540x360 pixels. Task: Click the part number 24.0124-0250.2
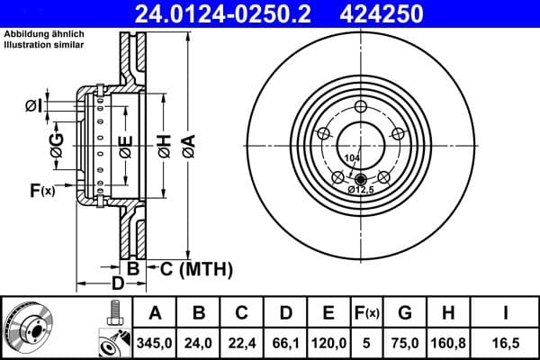click(x=233, y=13)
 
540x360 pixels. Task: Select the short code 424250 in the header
click(x=416, y=13)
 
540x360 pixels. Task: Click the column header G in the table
click(x=404, y=313)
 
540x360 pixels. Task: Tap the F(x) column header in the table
click(x=367, y=313)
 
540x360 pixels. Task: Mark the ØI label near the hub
click(x=32, y=106)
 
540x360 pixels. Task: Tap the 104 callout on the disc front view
click(x=352, y=158)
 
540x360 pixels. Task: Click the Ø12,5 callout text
click(x=361, y=190)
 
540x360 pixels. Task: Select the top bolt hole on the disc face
click(x=362, y=107)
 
